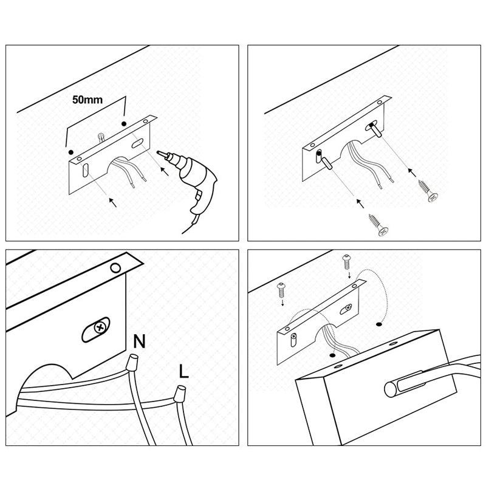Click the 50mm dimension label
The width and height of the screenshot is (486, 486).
[x=87, y=100]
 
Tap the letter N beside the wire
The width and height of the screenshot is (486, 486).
[x=139, y=341]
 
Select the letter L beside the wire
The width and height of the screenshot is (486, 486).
[x=184, y=371]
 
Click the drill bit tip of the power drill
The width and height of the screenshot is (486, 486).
[x=158, y=152]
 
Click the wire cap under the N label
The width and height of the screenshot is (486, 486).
[x=132, y=363]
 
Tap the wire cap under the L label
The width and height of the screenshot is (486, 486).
[x=180, y=392]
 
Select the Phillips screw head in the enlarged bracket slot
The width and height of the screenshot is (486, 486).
[x=100, y=327]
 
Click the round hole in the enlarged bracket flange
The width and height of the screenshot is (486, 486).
[x=115, y=268]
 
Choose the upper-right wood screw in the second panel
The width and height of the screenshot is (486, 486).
[x=428, y=191]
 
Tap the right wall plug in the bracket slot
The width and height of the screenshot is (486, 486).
[x=375, y=130]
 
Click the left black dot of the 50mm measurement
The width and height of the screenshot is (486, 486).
[x=71, y=152]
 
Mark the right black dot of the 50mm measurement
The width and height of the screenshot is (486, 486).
[x=124, y=124]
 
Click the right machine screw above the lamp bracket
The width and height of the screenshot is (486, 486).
[x=346, y=262]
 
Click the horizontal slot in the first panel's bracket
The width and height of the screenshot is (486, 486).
[x=137, y=143]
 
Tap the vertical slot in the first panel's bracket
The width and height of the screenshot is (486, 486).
[x=86, y=170]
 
